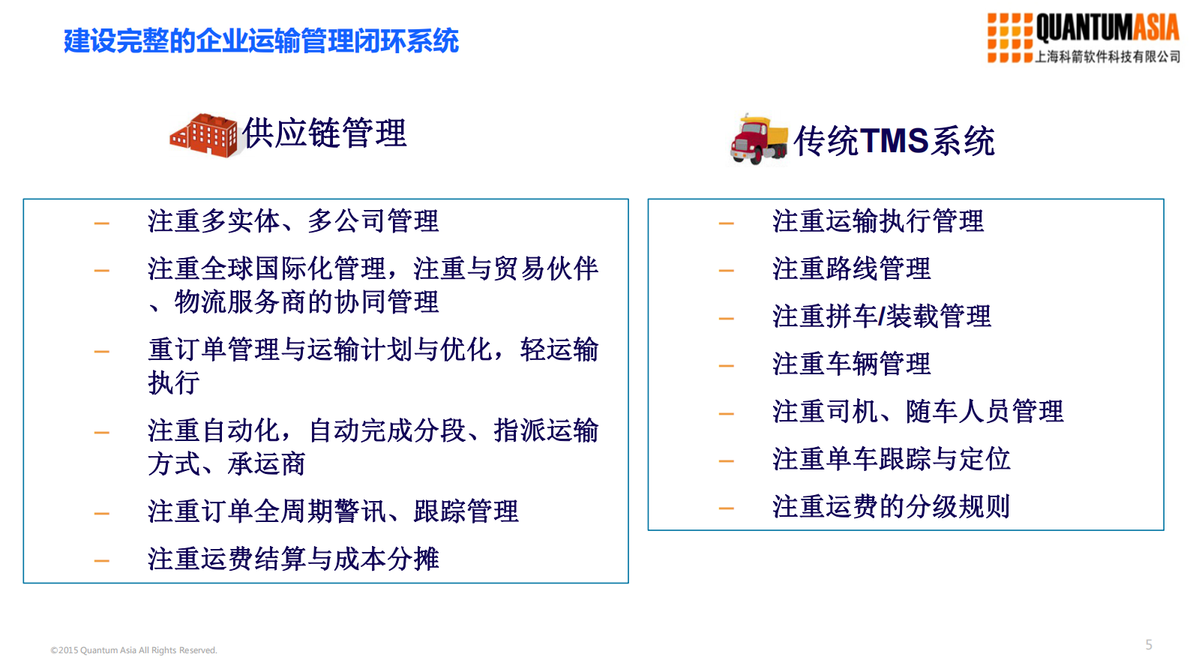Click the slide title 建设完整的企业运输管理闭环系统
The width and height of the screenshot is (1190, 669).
point(261,40)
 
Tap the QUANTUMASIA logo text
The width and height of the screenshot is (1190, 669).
point(1107,28)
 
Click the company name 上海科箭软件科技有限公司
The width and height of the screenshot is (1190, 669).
point(1107,57)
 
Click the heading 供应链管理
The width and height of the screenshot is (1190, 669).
point(324,133)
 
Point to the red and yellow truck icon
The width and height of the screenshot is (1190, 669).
point(758,139)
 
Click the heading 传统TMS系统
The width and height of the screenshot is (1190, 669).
point(894,141)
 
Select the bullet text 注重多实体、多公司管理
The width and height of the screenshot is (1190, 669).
point(292,221)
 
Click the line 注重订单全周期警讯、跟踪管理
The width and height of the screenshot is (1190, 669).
point(333,511)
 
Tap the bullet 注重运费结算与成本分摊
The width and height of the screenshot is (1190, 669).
point(292,559)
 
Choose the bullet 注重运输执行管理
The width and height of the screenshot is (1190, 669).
point(877,221)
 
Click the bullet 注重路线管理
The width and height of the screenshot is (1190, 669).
point(851,268)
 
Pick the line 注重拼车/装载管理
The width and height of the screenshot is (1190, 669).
point(881,316)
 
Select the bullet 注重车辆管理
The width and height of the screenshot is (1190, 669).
point(851,364)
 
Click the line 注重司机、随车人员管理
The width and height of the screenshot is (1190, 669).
point(917,412)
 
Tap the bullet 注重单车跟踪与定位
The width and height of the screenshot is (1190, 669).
point(891,459)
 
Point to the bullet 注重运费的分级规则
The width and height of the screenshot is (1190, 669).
point(891,507)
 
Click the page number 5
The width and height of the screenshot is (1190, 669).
point(1149,645)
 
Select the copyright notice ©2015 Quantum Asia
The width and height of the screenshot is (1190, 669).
point(133,650)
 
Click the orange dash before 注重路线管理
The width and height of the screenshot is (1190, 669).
point(726,271)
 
